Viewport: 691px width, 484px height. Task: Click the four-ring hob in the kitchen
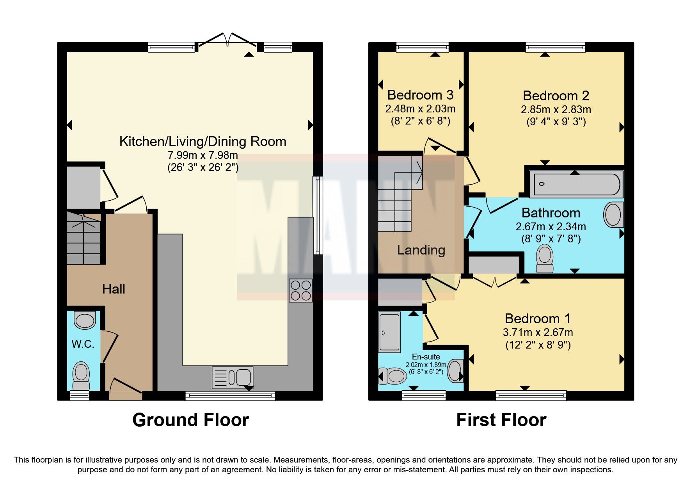point(300,290)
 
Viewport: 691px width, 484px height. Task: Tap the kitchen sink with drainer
point(233,377)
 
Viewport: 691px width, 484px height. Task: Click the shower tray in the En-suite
point(389,332)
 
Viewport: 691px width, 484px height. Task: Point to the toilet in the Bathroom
point(545,258)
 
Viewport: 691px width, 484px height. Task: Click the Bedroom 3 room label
point(420,95)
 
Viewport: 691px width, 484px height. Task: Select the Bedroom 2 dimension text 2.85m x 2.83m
point(556,110)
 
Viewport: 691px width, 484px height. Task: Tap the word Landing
point(421,250)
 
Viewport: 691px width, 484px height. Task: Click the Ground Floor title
point(190,420)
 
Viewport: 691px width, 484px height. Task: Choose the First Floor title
point(501,420)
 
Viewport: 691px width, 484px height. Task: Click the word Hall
point(114,289)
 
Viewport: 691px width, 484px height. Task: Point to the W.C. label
point(83,344)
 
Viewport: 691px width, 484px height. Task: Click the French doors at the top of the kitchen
point(228,41)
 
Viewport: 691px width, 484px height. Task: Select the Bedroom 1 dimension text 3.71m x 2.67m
point(538,333)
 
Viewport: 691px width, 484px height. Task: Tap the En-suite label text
point(426,356)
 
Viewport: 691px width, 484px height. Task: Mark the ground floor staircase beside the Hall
point(83,238)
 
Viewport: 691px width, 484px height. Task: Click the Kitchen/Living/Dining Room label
point(203,141)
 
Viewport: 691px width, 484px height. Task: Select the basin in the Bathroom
point(614,215)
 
